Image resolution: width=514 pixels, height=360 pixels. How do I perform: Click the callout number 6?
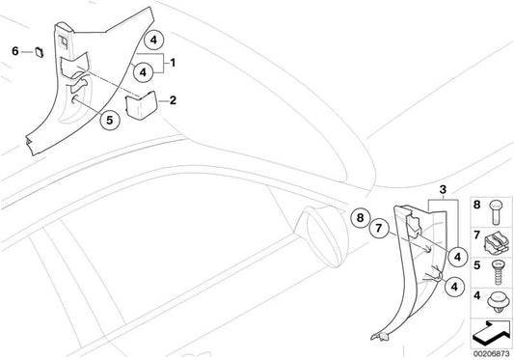[15, 49]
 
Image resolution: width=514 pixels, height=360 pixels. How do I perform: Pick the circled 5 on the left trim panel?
[109, 122]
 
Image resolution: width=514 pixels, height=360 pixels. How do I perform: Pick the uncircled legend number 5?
[474, 266]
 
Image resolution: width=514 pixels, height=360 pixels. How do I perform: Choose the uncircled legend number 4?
[474, 297]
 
